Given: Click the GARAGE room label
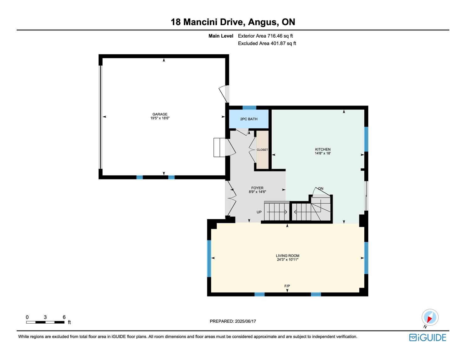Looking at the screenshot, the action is [160, 114].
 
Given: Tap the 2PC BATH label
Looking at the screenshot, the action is [249, 119].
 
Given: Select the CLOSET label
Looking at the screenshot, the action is [262, 150].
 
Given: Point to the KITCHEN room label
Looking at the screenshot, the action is [323, 149].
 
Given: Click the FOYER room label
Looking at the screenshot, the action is [257, 188].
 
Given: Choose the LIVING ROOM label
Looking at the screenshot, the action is [288, 256].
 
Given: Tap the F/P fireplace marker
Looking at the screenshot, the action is [287, 286].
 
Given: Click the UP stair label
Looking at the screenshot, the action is [259, 212].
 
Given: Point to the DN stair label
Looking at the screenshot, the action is [321, 189].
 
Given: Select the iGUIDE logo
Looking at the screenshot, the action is [427, 337].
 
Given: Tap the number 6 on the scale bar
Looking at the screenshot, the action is [64, 317].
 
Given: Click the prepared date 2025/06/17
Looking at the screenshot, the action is [246, 321].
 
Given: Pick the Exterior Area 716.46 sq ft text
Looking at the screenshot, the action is [265, 36].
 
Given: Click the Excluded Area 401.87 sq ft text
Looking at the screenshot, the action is [267, 43].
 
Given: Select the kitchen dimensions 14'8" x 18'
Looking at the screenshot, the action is [323, 153].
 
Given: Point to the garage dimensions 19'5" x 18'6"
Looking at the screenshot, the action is [160, 118].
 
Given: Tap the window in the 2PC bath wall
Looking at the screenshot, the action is [249, 108].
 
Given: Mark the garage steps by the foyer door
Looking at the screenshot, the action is [219, 148].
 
